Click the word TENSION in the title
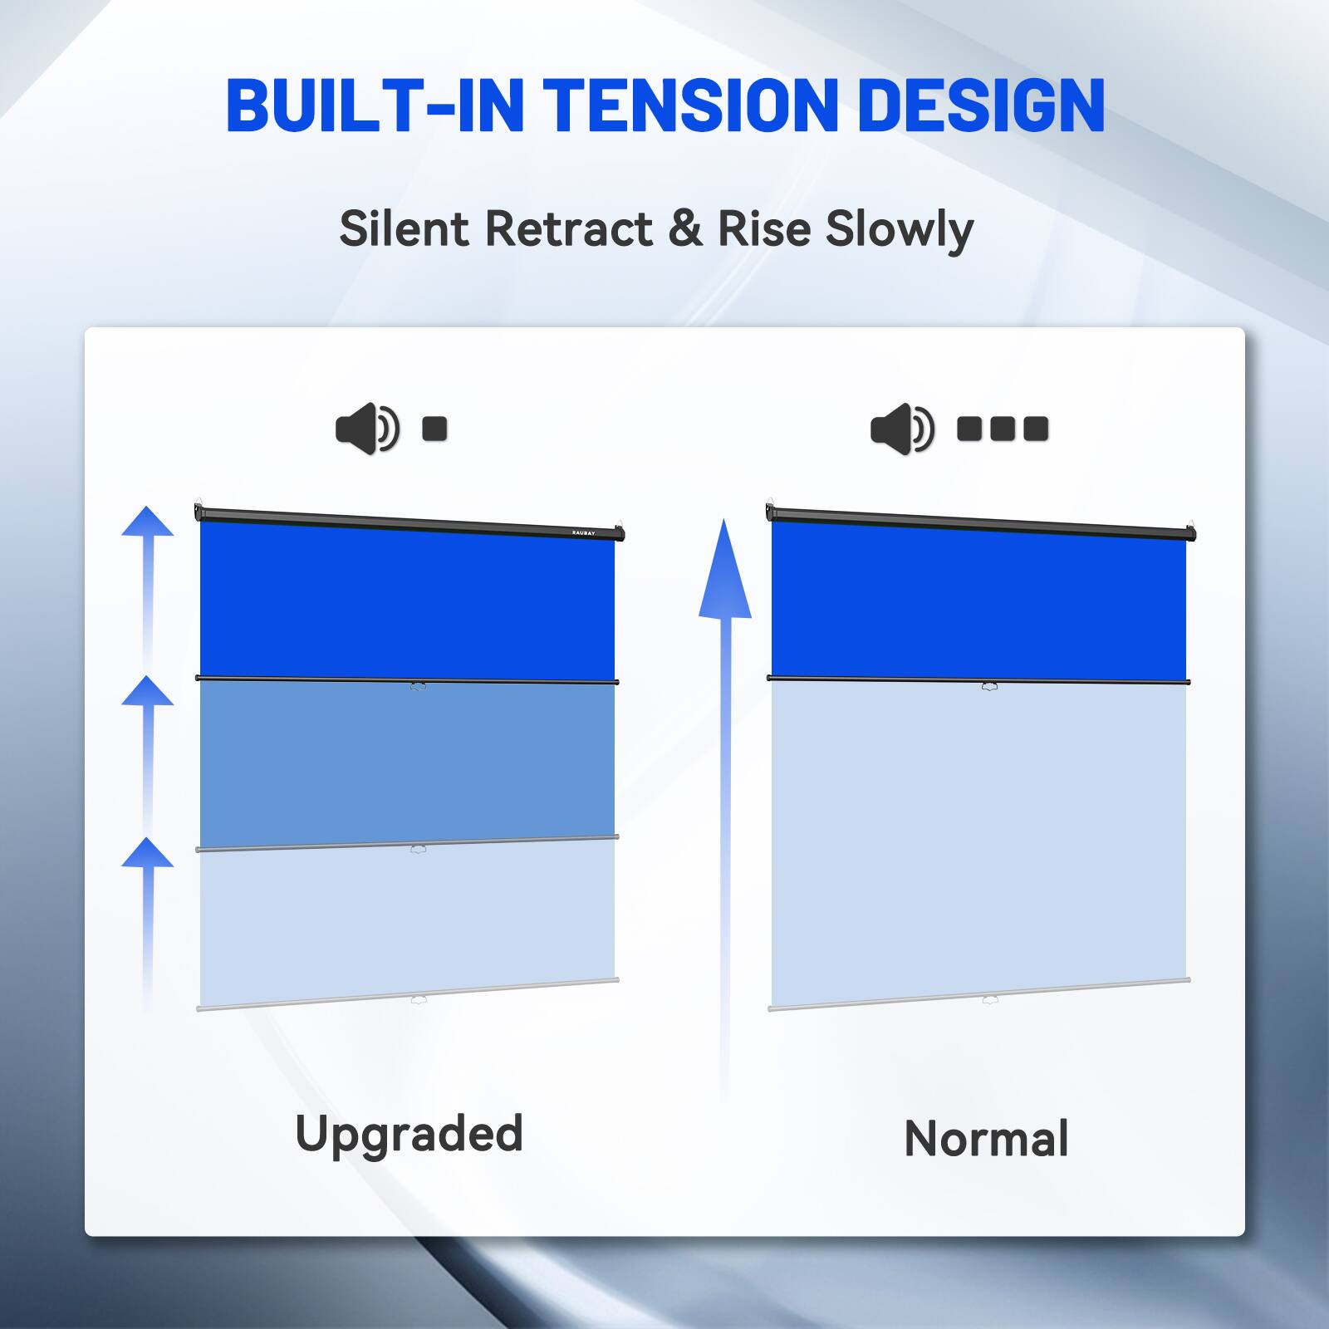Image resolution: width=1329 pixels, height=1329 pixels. tap(690, 105)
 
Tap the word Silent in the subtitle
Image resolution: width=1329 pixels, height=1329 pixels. tap(405, 228)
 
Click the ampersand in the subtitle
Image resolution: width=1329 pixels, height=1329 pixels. tap(684, 228)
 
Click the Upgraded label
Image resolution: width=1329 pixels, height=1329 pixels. tap(409, 1135)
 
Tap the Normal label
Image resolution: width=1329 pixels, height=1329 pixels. tap(986, 1139)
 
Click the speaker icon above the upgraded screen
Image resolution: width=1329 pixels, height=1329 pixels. tap(366, 429)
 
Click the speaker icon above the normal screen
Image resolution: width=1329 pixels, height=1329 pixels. tap(901, 429)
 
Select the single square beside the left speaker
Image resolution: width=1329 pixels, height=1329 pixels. tap(434, 429)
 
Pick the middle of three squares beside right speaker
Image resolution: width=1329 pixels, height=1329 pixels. tap(1003, 429)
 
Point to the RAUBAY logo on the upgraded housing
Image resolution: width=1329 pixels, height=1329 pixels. tap(583, 532)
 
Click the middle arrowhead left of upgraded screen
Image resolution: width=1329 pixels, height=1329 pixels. tap(148, 691)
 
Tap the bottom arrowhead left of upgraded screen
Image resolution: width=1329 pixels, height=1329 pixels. tap(148, 853)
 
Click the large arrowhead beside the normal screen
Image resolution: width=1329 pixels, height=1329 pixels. tap(724, 573)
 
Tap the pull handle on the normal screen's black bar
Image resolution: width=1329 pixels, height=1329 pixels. tap(989, 686)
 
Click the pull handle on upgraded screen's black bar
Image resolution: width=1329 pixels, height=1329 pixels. tap(418, 686)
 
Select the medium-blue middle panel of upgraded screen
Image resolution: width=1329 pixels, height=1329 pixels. tap(407, 760)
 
